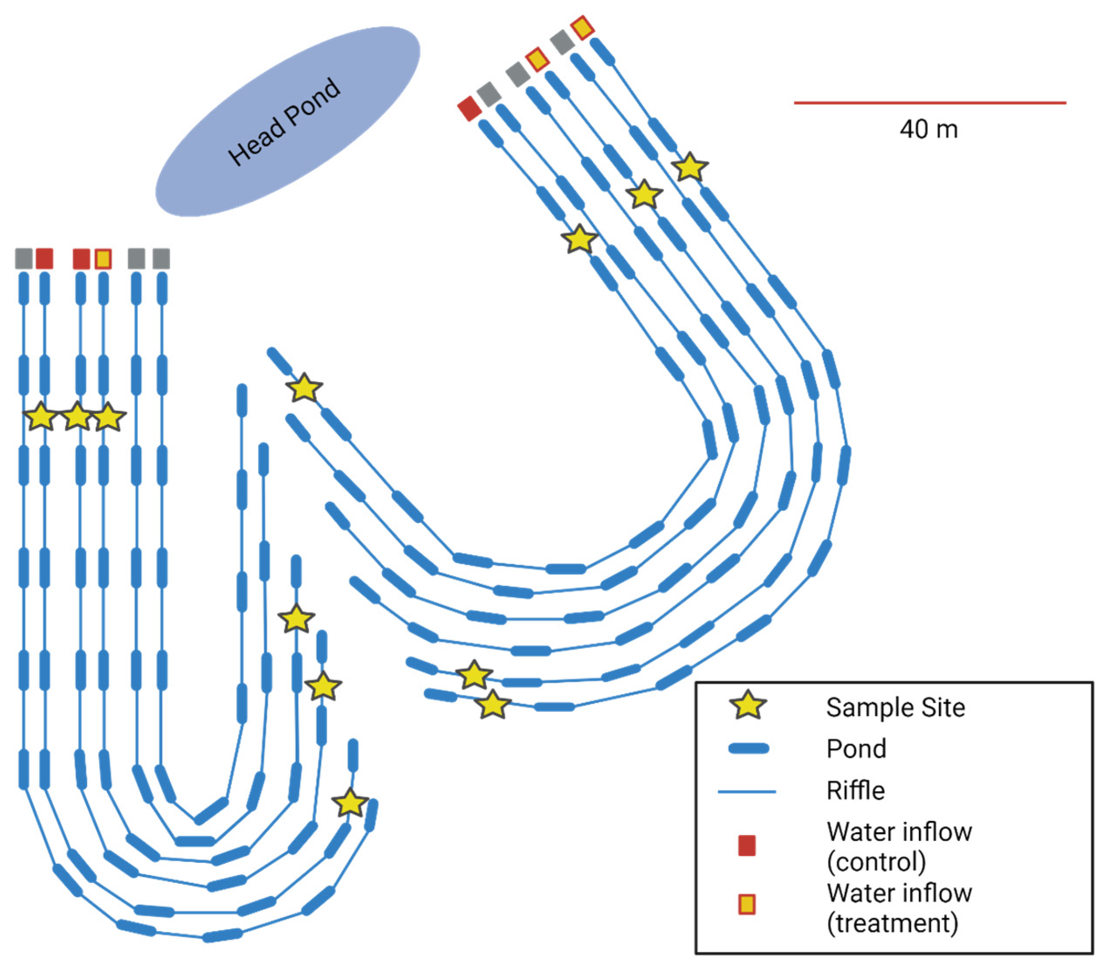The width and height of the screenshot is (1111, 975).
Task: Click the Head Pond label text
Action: click(x=284, y=122)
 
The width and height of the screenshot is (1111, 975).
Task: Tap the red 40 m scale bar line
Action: click(x=929, y=102)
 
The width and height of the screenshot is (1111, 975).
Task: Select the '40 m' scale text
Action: click(x=928, y=129)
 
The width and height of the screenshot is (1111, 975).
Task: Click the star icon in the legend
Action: click(x=748, y=705)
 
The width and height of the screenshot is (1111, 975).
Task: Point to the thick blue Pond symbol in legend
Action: click(x=748, y=748)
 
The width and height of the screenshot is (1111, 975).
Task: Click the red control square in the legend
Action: click(x=747, y=846)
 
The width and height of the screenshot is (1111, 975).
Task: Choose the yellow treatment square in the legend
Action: click(x=747, y=904)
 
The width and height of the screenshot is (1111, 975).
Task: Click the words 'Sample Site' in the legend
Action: click(x=895, y=707)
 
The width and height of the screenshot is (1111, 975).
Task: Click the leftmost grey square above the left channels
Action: click(x=24, y=258)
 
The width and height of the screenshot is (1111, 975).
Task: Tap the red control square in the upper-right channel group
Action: click(x=469, y=108)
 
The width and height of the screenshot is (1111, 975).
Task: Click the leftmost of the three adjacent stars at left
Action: click(x=41, y=417)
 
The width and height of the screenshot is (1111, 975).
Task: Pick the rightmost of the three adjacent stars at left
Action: click(x=109, y=417)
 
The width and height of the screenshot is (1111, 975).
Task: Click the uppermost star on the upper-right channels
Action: click(x=689, y=167)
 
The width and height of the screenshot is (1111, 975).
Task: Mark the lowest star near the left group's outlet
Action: click(x=350, y=803)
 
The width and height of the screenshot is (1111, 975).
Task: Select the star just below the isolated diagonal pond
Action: click(x=304, y=388)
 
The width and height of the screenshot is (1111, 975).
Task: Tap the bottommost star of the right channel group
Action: click(x=493, y=705)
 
